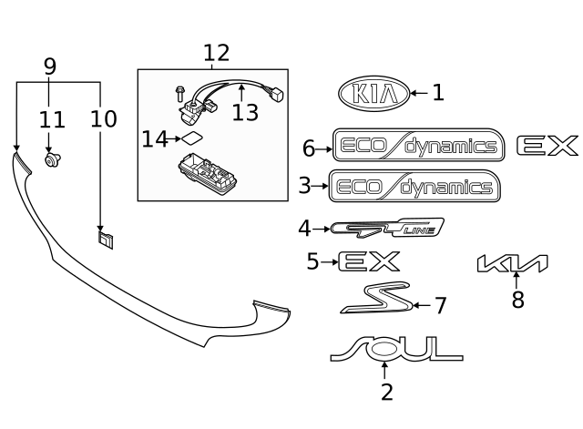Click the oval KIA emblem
(x=372, y=93)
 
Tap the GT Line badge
(x=387, y=228)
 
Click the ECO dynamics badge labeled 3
(x=414, y=187)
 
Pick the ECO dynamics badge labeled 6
(x=418, y=146)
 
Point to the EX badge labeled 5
(x=369, y=262)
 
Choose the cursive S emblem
(x=373, y=298)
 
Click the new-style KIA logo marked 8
(x=513, y=264)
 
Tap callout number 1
(x=437, y=93)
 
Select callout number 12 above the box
(x=216, y=54)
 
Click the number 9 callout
(x=50, y=66)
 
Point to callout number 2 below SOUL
(x=386, y=393)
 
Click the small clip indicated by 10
(x=106, y=239)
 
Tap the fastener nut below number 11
(x=52, y=162)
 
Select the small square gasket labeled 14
(x=191, y=139)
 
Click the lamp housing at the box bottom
(x=207, y=169)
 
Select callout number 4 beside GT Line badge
(x=304, y=228)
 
